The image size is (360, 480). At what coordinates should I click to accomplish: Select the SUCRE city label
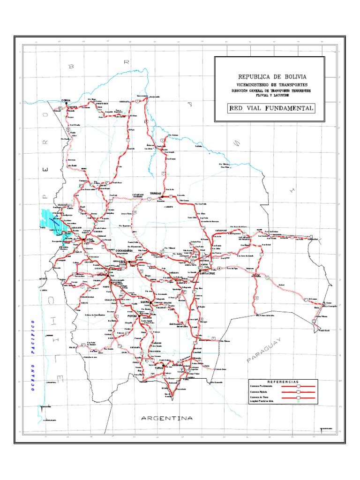coord(145,303)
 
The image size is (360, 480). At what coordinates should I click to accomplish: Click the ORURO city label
coord(102,275)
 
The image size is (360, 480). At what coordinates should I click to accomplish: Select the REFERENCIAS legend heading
coord(283,382)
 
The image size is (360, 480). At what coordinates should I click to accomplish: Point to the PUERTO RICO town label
coord(102,103)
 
